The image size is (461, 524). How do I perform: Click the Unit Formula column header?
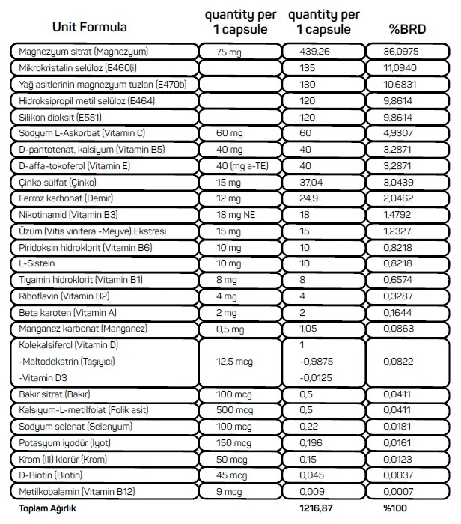click(x=89, y=27)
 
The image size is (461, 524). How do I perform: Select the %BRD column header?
click(x=406, y=30)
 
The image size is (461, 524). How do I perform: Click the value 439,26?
click(x=315, y=52)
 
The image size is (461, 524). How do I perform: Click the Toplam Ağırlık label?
click(x=43, y=508)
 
